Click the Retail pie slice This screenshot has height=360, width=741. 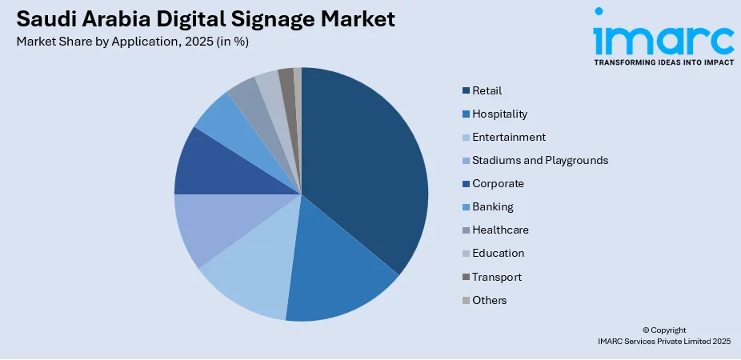[364, 168]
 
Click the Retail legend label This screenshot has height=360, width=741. [487, 90]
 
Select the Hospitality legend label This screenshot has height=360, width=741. [499, 114]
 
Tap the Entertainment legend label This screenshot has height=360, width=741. [508, 137]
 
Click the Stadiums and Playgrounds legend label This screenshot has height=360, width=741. [539, 160]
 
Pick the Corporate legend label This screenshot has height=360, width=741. [498, 183]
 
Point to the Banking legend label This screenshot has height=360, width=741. [493, 206]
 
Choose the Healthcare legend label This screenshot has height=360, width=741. [500, 230]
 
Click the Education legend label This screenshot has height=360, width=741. [498, 253]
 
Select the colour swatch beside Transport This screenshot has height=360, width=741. [466, 277]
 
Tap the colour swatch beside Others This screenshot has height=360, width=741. [466, 300]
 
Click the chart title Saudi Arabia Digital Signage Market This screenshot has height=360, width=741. [205, 19]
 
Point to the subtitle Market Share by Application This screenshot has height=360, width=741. [132, 42]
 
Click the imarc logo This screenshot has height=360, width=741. [663, 36]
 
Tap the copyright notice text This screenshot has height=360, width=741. [663, 335]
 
